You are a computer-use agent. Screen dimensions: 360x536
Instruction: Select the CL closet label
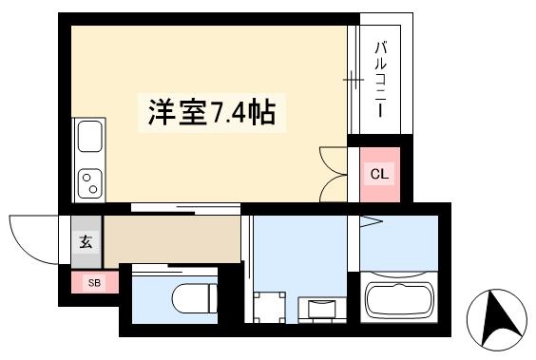click(379, 174)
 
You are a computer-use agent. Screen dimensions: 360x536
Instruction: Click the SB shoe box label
click(94, 282)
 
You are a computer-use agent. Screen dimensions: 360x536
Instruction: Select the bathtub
click(398, 299)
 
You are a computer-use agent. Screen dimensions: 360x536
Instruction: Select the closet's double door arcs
click(335, 173)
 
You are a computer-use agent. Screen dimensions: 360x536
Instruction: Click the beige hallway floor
click(171, 239)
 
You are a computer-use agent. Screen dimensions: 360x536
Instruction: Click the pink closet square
click(379, 174)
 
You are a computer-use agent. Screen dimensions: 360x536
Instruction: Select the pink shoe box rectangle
click(94, 282)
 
